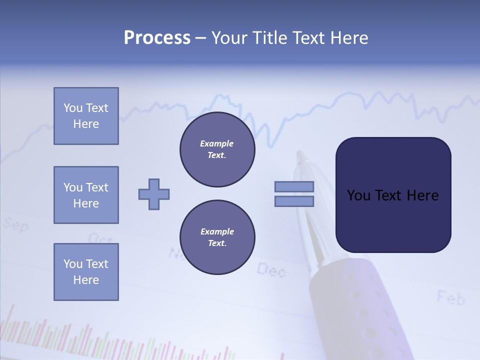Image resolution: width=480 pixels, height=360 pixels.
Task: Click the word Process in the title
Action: click(157, 38)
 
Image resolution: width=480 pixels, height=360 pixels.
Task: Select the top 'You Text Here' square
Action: click(86, 116)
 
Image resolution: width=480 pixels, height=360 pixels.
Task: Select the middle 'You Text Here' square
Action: click(86, 195)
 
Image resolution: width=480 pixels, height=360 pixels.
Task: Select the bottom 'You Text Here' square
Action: click(86, 272)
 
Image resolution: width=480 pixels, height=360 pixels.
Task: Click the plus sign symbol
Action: click(154, 194)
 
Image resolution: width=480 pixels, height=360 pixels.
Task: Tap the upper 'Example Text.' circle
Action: click(217, 149)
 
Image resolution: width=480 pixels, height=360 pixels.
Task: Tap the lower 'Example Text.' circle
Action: click(217, 237)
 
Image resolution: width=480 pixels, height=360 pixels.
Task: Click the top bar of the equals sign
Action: click(294, 186)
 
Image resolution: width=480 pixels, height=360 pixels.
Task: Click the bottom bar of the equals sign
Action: click(294, 201)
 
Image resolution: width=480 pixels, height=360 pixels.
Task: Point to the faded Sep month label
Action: click(16, 225)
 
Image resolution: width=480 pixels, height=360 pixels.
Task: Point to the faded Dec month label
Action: click(271, 270)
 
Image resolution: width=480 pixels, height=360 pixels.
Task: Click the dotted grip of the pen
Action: click(370, 320)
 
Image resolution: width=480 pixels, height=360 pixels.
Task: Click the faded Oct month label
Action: click(100, 238)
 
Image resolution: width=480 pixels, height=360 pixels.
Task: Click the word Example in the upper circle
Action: click(217, 143)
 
